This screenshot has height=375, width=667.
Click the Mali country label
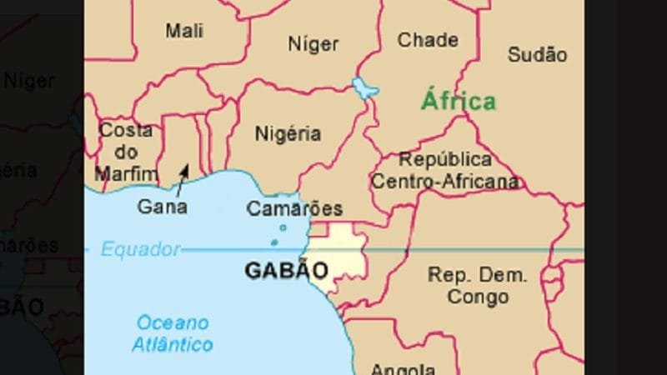(x=184, y=31)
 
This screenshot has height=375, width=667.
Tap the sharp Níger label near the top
(x=313, y=43)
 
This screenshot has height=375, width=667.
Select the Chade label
(x=427, y=40)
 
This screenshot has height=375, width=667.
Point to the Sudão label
(x=537, y=55)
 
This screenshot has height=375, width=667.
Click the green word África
(x=458, y=102)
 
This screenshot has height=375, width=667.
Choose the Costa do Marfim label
(x=126, y=152)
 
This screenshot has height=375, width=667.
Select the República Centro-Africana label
(x=445, y=170)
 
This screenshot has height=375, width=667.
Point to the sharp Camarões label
(x=294, y=209)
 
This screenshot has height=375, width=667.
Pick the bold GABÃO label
(x=286, y=270)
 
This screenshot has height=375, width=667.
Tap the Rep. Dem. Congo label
(x=477, y=285)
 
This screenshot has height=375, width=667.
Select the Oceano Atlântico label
(x=173, y=332)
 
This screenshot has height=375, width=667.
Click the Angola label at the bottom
(x=402, y=369)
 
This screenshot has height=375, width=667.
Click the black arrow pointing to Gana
(x=183, y=173)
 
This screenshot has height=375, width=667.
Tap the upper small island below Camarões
(x=283, y=227)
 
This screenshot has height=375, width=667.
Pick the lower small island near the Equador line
(x=273, y=242)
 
